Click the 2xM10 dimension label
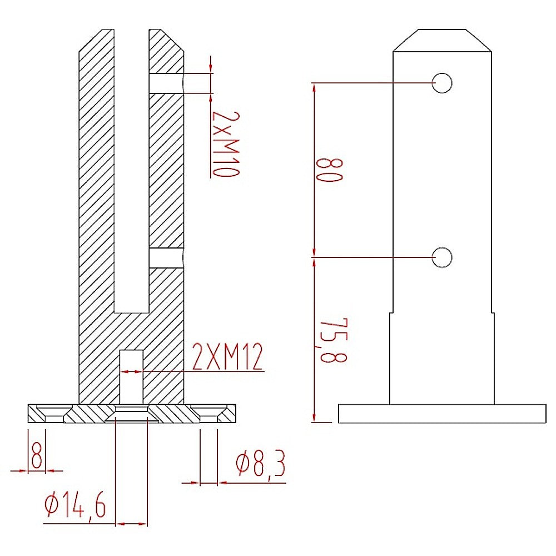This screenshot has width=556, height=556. pos(225,143)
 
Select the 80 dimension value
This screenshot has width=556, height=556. pos(327,170)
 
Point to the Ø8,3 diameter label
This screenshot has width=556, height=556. pos(260,465)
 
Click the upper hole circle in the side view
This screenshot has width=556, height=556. pos(442,83)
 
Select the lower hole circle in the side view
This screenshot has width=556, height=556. pos(442,257)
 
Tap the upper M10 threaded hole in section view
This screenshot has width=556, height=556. pos(166,83)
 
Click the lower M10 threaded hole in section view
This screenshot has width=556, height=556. pos(166,257)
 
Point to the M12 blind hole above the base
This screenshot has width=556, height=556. pos(132,376)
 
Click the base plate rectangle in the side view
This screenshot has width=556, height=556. pos(442,414)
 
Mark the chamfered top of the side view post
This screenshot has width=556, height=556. pos(442,40)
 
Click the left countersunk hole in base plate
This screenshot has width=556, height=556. pos(47,414)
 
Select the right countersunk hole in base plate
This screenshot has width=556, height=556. pos(209,414)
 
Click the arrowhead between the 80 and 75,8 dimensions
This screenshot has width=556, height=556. pos(314,257)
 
